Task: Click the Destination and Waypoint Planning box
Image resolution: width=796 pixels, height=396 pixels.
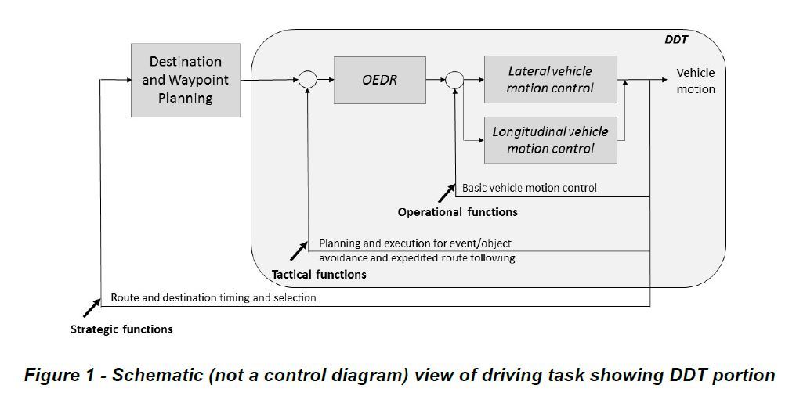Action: coord(186,80)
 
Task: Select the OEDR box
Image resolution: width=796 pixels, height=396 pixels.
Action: coord(380,80)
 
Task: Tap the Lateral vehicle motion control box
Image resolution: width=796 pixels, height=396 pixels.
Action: coord(550,79)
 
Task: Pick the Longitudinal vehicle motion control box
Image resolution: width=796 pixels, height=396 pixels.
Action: coord(550,140)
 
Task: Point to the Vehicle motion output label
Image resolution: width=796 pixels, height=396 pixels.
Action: coord(696,81)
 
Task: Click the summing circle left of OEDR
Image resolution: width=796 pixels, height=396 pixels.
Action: coord(306,80)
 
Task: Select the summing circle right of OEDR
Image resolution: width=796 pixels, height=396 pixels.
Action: coord(454,80)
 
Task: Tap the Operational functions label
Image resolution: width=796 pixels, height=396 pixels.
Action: coord(458,212)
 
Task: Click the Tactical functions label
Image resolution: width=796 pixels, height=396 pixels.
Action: coord(319,275)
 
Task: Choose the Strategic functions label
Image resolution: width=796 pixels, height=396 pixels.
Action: coord(121,329)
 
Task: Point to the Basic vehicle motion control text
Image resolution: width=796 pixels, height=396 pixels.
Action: coord(529,188)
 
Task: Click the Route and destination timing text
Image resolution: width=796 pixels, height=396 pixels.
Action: coord(213,297)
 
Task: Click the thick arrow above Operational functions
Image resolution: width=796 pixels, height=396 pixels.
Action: coord(445,193)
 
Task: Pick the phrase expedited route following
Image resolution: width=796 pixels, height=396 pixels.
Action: coord(462,257)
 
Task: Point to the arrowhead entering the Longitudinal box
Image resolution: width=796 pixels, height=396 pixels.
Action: coord(480,140)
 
